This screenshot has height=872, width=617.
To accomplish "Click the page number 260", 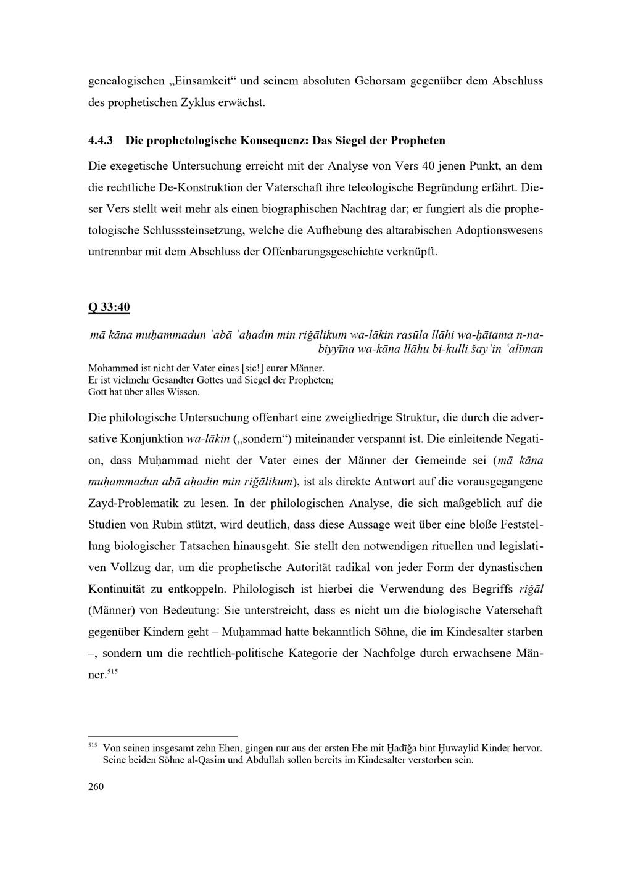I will pos(96,786).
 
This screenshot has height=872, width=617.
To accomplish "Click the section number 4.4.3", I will pos(101,141).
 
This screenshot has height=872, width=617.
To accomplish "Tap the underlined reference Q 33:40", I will pos(109,306).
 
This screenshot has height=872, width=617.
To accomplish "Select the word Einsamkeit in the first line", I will pos(202,81).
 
